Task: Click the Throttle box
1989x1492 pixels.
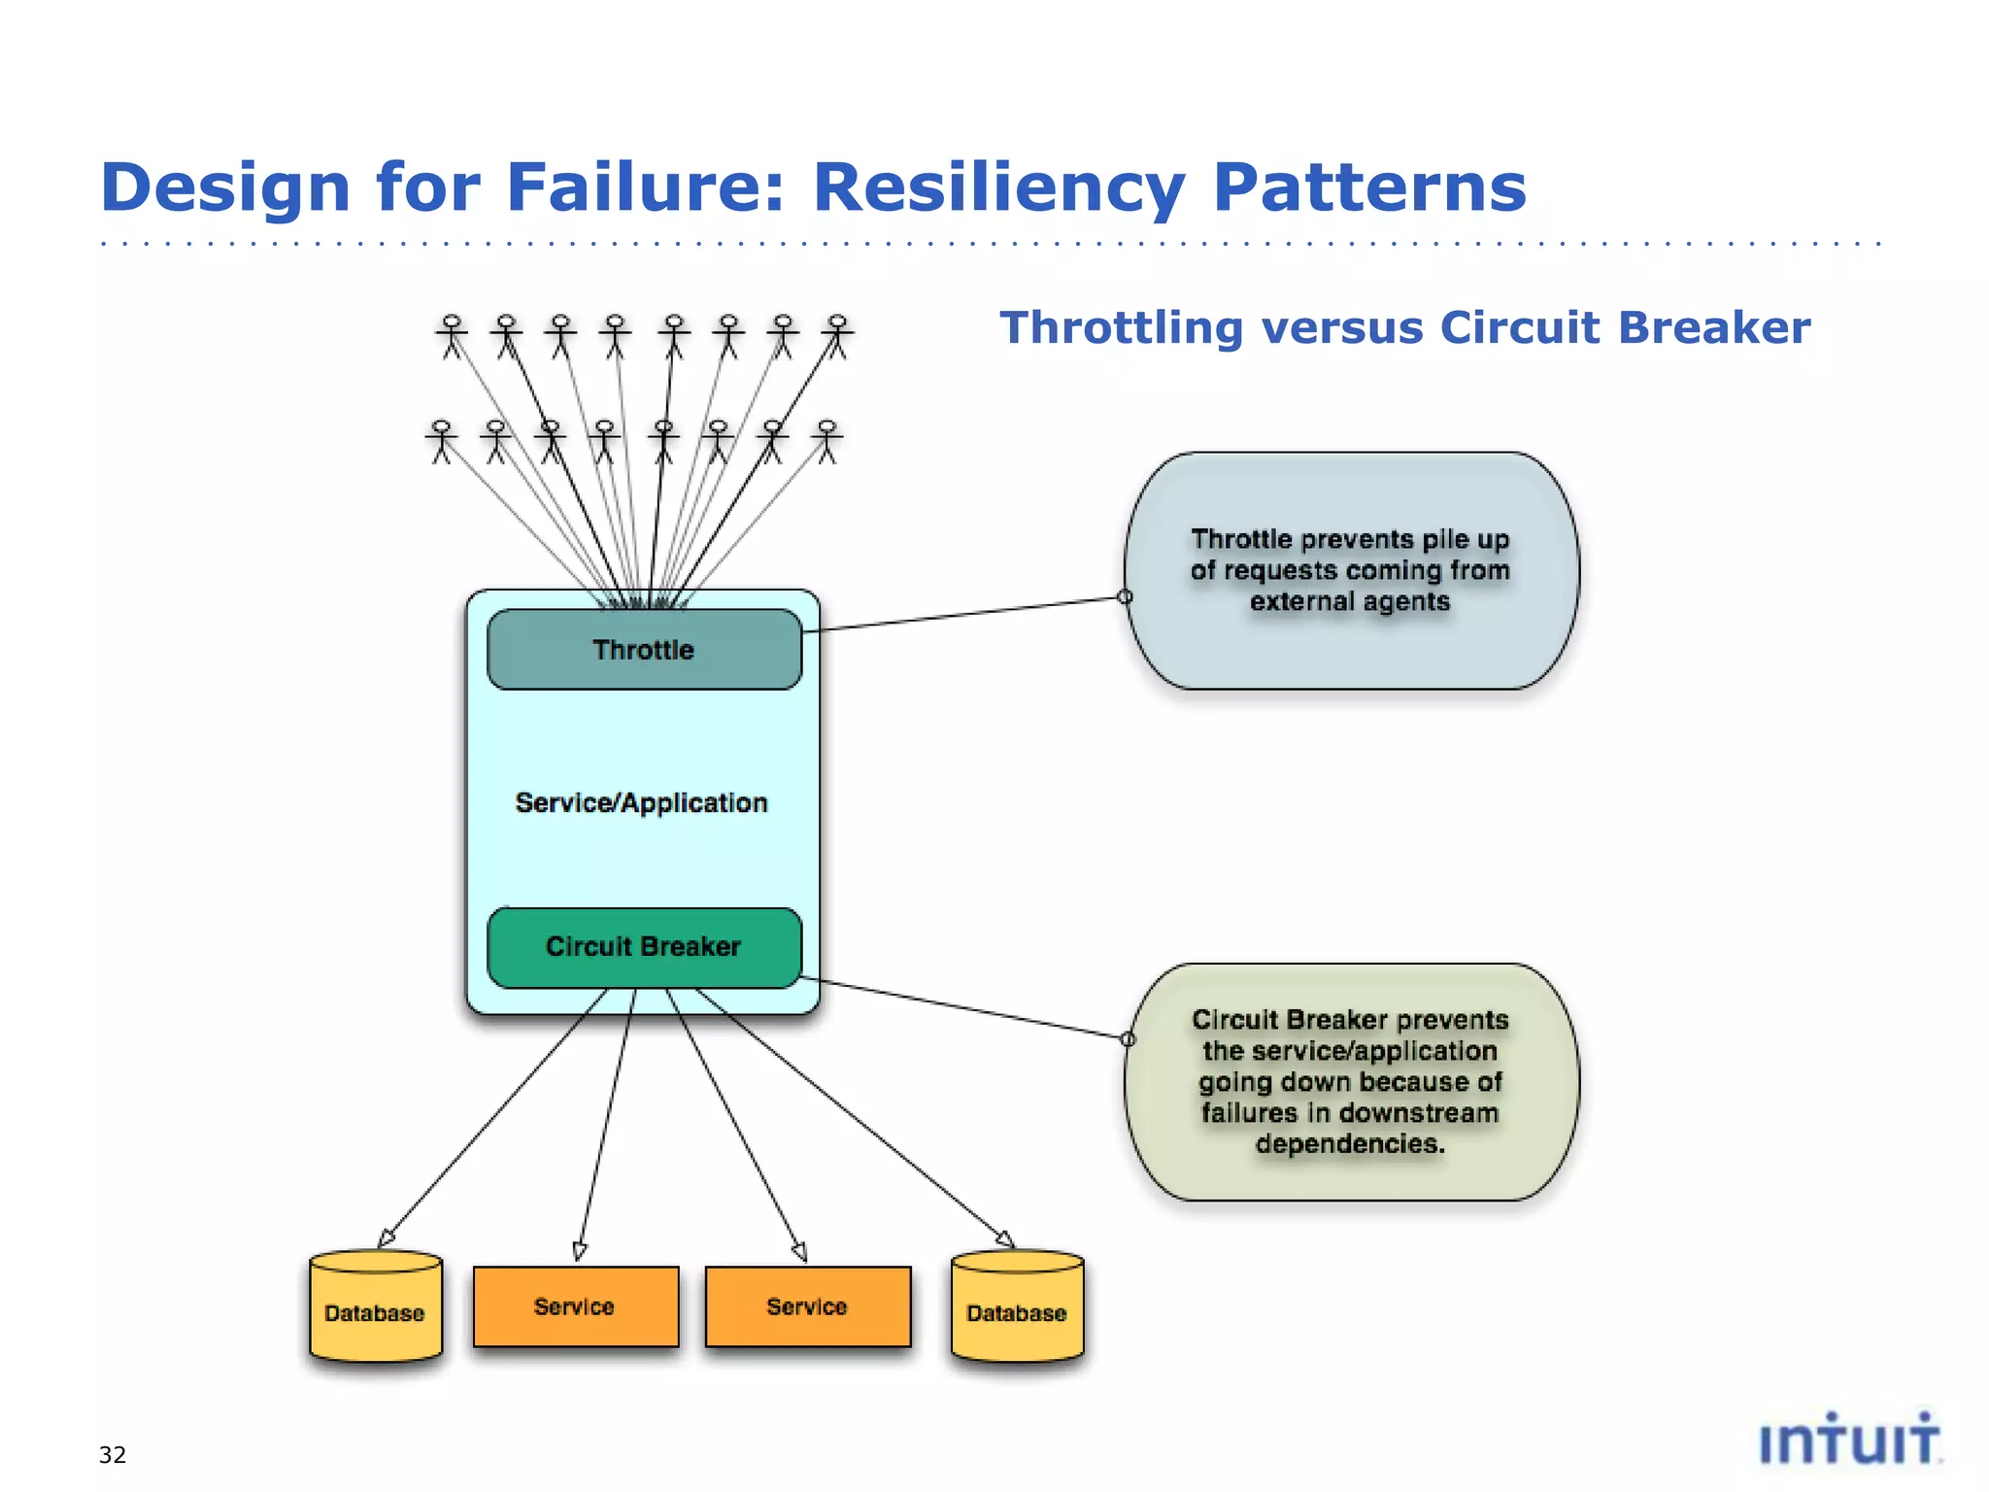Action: tap(644, 650)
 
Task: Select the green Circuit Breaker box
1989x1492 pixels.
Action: tap(644, 947)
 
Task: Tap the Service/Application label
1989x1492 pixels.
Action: tap(641, 803)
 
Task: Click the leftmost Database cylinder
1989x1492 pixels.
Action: tap(375, 1306)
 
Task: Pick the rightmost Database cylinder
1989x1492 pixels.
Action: tap(1017, 1306)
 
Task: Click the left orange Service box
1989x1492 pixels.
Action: tap(575, 1306)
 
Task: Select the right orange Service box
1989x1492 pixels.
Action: tap(807, 1306)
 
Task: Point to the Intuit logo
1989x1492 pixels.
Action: tap(1849, 1439)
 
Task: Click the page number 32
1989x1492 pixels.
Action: tap(113, 1454)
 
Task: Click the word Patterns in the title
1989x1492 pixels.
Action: tap(1369, 186)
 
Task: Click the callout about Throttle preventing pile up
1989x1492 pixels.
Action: tap(1351, 571)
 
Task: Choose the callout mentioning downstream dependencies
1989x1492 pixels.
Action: tap(1351, 1082)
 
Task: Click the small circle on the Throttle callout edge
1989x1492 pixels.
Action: tap(1125, 596)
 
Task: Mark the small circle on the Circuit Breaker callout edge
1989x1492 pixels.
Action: tap(1128, 1039)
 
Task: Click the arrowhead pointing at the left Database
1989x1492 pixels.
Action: tap(386, 1238)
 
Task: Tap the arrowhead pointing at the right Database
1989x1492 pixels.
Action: tap(1005, 1238)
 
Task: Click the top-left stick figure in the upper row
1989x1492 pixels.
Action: tap(452, 336)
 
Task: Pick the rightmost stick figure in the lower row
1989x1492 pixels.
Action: tap(826, 441)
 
